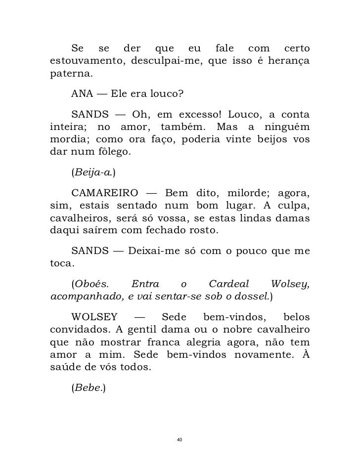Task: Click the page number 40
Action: tap(180, 440)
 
